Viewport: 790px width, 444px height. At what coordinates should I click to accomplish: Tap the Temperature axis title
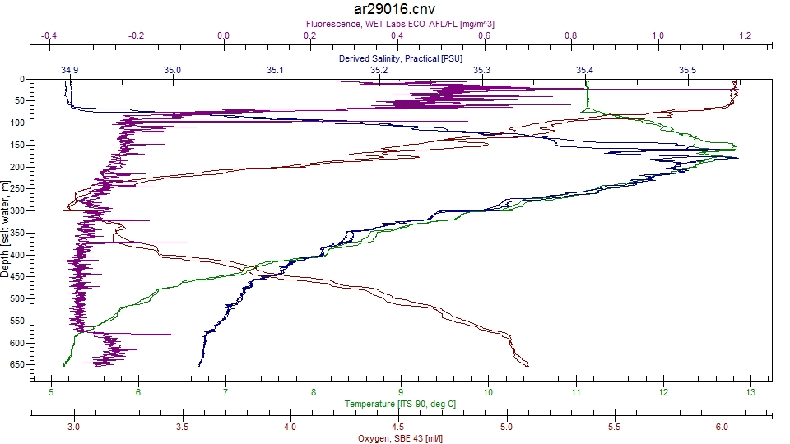tap(401, 404)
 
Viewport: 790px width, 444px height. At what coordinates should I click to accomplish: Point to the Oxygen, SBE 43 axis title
tap(401, 438)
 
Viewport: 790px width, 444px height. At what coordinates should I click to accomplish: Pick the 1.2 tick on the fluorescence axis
tap(746, 36)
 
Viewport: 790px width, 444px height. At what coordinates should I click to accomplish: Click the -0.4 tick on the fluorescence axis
tap(49, 36)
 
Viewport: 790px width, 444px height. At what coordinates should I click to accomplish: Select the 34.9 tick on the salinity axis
tap(70, 71)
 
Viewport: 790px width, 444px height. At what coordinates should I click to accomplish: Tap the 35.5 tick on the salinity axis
tap(687, 71)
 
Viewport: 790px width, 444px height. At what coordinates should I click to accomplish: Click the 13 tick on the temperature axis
tap(750, 392)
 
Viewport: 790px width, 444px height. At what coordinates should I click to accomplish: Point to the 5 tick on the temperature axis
tap(51, 392)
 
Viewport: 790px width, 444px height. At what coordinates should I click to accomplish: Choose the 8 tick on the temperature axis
tap(314, 392)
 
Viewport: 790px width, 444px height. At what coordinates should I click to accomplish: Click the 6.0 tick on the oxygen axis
tap(722, 428)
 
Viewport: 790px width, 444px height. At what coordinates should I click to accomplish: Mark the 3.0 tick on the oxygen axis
tap(74, 428)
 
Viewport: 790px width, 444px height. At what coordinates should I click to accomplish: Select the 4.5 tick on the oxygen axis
tap(397, 428)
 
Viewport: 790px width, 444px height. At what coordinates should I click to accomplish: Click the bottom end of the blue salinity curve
tap(199, 365)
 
